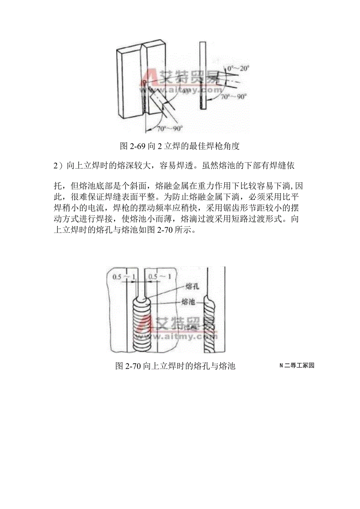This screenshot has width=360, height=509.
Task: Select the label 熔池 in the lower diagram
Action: (189, 302)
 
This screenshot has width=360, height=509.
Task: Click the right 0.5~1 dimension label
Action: (159, 277)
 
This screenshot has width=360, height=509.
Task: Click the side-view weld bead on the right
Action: (209, 325)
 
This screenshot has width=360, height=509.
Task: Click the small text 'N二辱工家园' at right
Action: (297, 366)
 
